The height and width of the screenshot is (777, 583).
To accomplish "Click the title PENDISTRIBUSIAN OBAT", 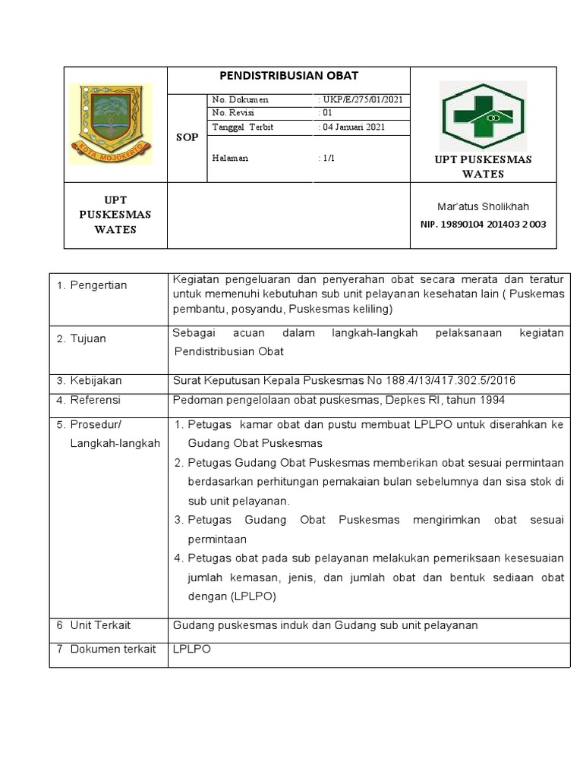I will tap(288, 76).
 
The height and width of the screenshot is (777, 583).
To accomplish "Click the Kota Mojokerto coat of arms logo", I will tap(111, 124).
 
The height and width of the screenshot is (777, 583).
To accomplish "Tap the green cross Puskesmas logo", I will tap(484, 115).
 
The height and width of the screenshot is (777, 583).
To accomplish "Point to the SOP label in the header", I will tap(187, 137).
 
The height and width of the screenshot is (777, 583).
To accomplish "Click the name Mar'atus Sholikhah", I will tap(483, 206).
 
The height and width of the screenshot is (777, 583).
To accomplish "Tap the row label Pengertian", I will tap(99, 285).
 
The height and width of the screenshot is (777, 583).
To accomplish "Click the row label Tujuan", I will tap(88, 338).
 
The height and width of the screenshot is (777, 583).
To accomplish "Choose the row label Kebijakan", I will tap(96, 380).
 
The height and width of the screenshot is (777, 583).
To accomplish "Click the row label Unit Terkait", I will tap(100, 624).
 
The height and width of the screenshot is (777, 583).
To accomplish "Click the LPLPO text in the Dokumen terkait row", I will tap(192, 650).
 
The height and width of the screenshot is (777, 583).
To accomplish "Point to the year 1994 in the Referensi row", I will tap(490, 400).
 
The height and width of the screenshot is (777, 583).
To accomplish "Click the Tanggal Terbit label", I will tap(242, 127).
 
